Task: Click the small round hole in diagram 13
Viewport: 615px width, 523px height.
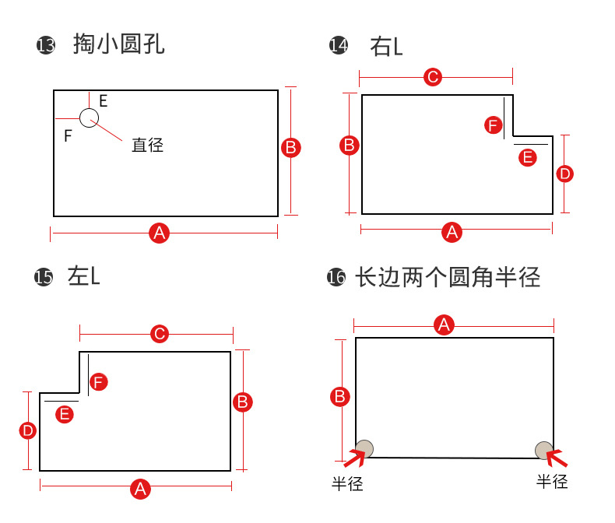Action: (89, 118)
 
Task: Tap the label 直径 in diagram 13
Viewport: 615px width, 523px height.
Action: (147, 145)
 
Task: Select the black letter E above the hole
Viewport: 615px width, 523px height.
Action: (103, 100)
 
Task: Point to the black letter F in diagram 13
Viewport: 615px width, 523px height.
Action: (68, 136)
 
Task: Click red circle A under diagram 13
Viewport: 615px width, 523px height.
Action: (160, 232)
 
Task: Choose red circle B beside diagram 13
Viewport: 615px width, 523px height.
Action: (290, 148)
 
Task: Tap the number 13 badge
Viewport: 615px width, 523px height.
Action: (46, 46)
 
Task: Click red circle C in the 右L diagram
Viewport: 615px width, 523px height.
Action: (432, 77)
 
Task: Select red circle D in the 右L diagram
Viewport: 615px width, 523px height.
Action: (565, 173)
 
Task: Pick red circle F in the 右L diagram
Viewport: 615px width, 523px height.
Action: (493, 125)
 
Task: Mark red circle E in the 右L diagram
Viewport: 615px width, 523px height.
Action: (528, 157)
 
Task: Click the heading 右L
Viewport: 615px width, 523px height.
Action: (386, 47)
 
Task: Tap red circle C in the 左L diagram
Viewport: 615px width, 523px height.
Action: (159, 335)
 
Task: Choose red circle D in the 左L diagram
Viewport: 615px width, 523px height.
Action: (28, 430)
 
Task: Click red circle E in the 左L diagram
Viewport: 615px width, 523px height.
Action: (65, 414)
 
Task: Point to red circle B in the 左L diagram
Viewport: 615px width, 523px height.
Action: (242, 402)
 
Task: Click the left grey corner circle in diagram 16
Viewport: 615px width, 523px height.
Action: (364, 448)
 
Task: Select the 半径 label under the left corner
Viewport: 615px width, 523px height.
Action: (347, 483)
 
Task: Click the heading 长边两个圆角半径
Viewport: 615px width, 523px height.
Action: (447, 277)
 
